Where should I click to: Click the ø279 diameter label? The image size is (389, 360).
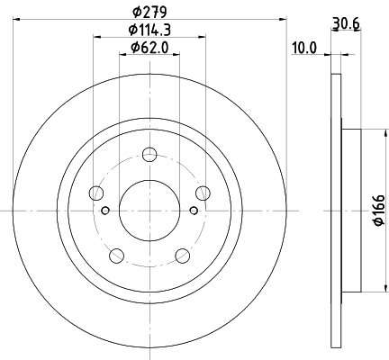(149, 12)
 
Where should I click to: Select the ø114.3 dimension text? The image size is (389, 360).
(149, 30)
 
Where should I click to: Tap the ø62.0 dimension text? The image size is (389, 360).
(149, 48)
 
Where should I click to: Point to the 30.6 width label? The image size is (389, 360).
(346, 23)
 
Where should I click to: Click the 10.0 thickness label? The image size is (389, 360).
(304, 48)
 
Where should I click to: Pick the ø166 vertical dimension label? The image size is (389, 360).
(378, 210)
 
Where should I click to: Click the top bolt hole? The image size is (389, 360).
(149, 155)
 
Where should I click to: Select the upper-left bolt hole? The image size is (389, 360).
(96, 193)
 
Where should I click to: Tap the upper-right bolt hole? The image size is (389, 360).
(203, 193)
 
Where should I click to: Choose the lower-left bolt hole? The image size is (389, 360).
(117, 256)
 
